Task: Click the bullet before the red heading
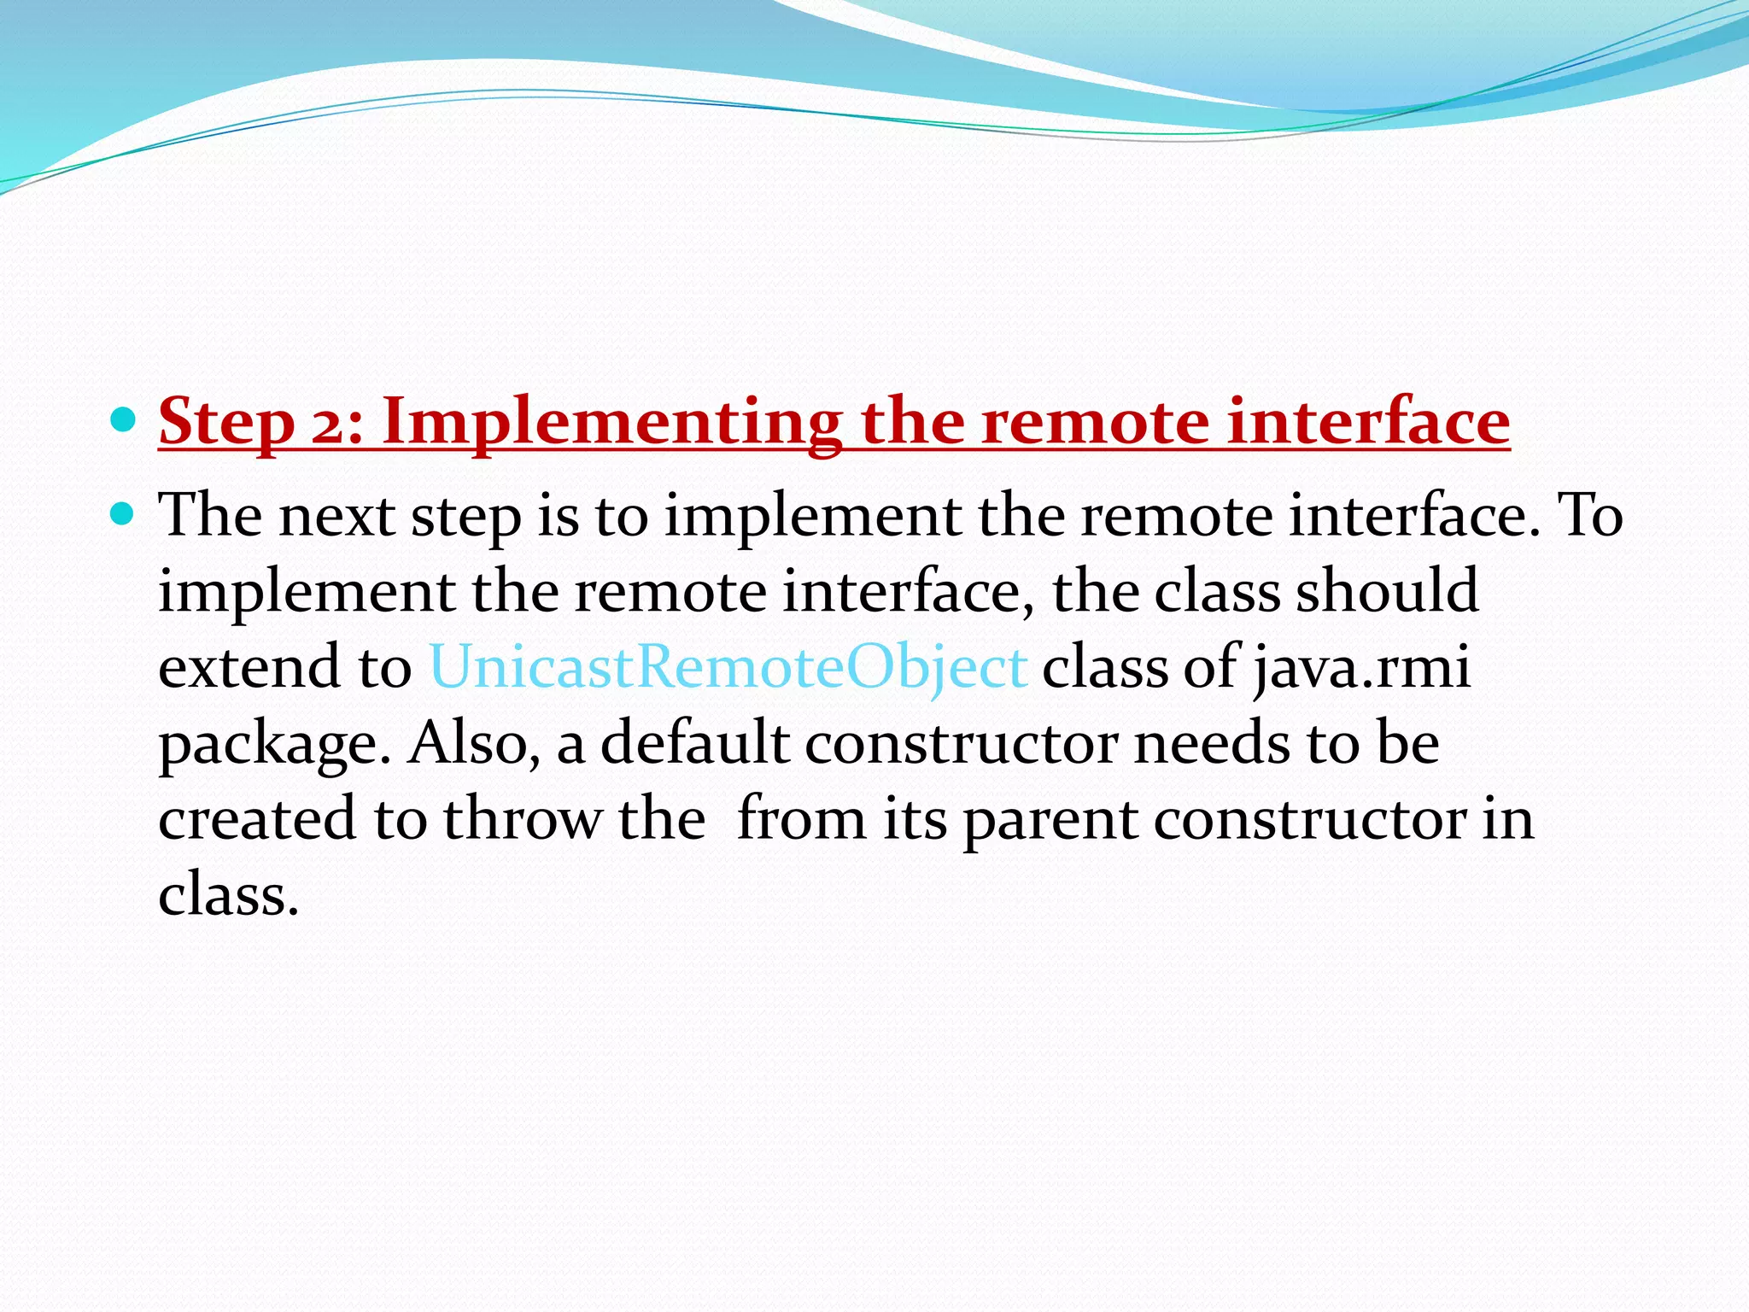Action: tap(124, 420)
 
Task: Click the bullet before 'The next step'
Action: tap(124, 513)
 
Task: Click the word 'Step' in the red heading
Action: tap(226, 422)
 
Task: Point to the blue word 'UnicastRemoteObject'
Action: tap(728, 667)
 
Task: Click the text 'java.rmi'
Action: tap(1363, 667)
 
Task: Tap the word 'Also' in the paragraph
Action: tap(472, 742)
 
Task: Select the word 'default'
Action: tap(693, 742)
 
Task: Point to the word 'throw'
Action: tap(522, 818)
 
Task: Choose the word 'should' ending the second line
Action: tap(1387, 591)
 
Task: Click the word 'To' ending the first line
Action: tap(1589, 516)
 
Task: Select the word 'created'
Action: tap(256, 818)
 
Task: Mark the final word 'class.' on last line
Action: tap(228, 893)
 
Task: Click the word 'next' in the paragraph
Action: tap(336, 516)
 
